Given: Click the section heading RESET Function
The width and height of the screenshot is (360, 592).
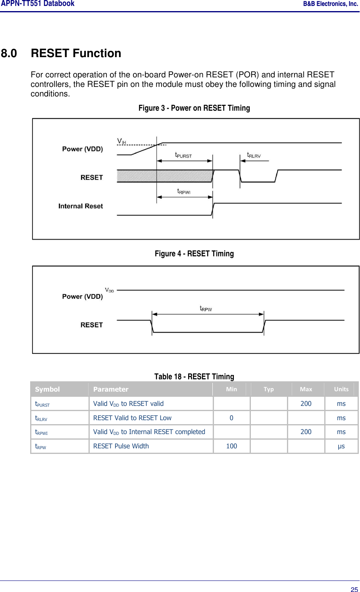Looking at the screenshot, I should pyautogui.click(x=76, y=53).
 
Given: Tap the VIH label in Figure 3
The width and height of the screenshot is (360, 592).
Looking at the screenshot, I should pyautogui.click(x=121, y=141).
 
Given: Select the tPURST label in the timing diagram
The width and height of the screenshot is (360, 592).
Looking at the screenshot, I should pyautogui.click(x=183, y=155).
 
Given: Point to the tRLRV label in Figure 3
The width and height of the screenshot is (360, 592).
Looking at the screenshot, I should pyautogui.click(x=254, y=155).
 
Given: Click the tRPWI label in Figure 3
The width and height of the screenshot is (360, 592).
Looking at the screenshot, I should pyautogui.click(x=183, y=192).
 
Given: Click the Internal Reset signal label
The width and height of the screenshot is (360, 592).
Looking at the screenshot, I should pyautogui.click(x=81, y=206).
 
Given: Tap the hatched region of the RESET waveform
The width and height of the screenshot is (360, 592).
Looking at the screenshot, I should pyautogui.click(x=165, y=176).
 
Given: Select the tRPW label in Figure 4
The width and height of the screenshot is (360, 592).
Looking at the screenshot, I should pyautogui.click(x=206, y=309).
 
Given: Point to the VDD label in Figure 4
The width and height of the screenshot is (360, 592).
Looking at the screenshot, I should pyautogui.click(x=109, y=290).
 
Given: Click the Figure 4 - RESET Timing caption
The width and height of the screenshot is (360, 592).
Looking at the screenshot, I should pyautogui.click(x=194, y=254).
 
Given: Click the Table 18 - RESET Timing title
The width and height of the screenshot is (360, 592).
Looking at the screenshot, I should pyautogui.click(x=194, y=377).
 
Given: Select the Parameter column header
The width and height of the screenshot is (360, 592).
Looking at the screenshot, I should pyautogui.click(x=111, y=389).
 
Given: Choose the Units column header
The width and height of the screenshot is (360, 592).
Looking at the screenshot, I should pyautogui.click(x=341, y=389).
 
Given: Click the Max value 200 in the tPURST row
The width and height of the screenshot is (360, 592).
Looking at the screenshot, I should pyautogui.click(x=306, y=404).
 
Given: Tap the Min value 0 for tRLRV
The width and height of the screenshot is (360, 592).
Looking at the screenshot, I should pyautogui.click(x=231, y=418).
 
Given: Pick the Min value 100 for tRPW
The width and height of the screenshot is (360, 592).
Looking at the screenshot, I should pyautogui.click(x=231, y=446).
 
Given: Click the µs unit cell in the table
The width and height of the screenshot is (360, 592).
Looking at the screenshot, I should pyautogui.click(x=341, y=446).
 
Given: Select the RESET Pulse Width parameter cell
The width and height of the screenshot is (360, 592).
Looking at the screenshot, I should pyautogui.click(x=121, y=446).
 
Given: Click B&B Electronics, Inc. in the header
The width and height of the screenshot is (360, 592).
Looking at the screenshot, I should pyautogui.click(x=330, y=4).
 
